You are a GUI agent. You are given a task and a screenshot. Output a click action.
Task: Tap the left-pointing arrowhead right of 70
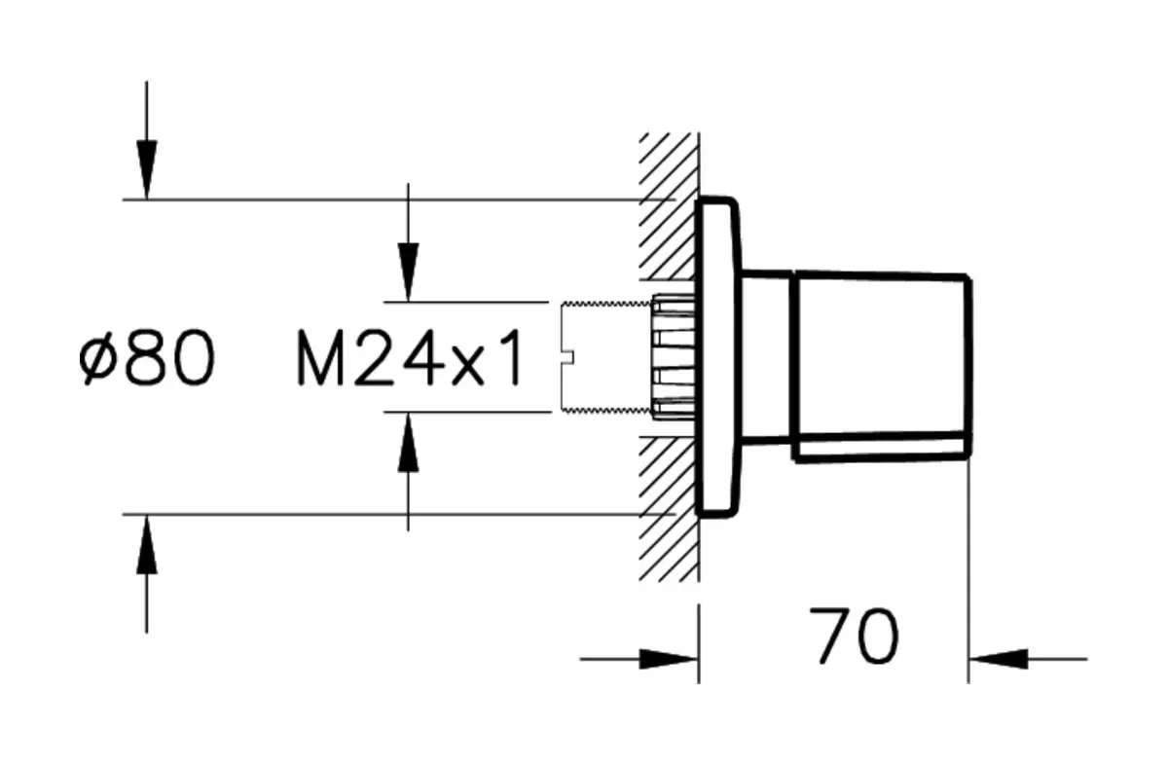point(993,659)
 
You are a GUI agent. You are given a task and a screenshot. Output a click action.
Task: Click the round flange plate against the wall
point(718,357)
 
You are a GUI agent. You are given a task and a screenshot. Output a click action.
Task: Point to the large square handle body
point(881,365)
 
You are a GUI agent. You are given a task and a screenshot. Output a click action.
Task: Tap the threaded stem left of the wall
point(608,359)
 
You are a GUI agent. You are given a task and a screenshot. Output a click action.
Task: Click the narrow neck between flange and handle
point(769,360)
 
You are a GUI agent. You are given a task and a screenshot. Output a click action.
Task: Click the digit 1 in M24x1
point(511,359)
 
